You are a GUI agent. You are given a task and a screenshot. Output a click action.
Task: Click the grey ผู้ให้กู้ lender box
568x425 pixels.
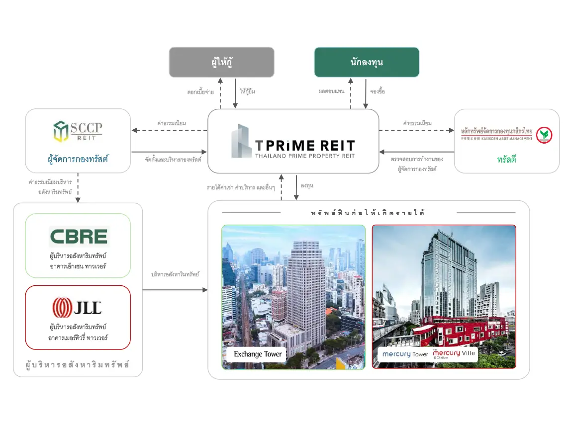221,62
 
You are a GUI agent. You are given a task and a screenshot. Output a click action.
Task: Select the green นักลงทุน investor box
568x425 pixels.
367,62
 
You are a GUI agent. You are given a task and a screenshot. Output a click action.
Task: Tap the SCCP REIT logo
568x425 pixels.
78,131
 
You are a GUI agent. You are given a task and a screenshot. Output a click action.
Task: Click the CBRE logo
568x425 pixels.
79,237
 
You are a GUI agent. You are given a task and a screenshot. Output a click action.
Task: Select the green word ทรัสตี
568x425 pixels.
506,160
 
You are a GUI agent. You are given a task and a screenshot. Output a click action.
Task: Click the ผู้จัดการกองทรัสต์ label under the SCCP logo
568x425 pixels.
78,160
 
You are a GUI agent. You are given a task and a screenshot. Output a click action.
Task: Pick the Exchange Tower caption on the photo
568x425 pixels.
258,354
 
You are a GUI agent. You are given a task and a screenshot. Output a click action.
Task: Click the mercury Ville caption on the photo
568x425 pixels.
454,354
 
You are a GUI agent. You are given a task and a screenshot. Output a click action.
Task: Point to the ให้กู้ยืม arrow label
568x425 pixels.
247,91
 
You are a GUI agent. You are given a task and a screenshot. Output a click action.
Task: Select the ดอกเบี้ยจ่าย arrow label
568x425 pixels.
201,91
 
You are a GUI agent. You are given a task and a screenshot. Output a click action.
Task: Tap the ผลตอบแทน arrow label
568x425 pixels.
331,91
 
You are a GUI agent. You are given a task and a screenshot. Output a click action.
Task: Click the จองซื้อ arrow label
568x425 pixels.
378,91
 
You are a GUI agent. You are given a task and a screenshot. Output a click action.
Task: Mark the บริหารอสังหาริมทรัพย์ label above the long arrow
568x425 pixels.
175,274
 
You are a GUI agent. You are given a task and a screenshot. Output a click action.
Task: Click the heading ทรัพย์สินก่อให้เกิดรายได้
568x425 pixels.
369,213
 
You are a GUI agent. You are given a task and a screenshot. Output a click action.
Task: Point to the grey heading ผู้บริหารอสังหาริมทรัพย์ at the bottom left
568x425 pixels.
78,365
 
